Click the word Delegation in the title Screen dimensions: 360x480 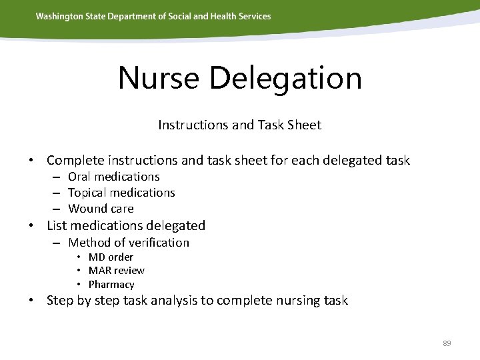pyautogui.click(x=285, y=78)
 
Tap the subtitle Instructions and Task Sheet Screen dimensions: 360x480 pyautogui.click(x=239, y=125)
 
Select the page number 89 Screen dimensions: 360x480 pyautogui.click(x=447, y=343)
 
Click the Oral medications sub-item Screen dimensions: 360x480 pyautogui.click(x=114, y=177)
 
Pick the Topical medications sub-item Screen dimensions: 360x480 pyautogui.click(x=121, y=193)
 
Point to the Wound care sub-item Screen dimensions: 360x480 pyautogui.click(x=101, y=209)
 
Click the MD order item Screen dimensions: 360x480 pyautogui.click(x=111, y=257)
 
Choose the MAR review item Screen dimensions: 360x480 pyautogui.click(x=116, y=271)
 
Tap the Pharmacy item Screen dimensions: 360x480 pyautogui.click(x=111, y=285)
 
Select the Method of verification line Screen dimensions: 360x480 pyautogui.click(x=129, y=243)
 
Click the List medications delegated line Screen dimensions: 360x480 pyautogui.click(x=126, y=226)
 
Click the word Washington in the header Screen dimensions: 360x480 pyautogui.click(x=59, y=16)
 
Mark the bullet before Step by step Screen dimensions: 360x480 pyautogui.click(x=31, y=301)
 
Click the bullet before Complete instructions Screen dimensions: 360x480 pyautogui.click(x=31, y=161)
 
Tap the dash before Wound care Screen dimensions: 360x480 pyautogui.click(x=57, y=209)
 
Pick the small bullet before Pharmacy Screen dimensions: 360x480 pyautogui.click(x=79, y=285)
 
